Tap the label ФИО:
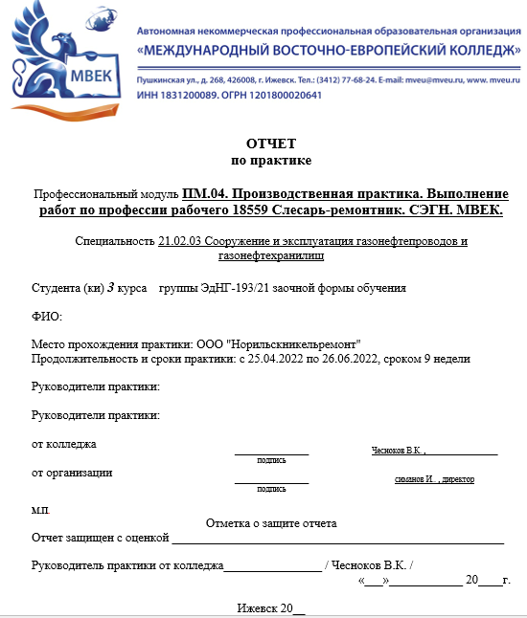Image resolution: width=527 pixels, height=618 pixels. point(46,317)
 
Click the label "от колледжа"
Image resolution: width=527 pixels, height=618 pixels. point(64,444)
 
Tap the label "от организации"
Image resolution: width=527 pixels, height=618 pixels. point(72,473)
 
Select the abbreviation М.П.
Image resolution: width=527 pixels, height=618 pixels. point(40,510)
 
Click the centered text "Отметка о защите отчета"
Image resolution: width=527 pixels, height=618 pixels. point(271,523)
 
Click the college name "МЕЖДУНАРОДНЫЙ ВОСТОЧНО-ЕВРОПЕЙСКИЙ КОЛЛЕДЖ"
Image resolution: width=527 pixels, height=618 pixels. point(329,49)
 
